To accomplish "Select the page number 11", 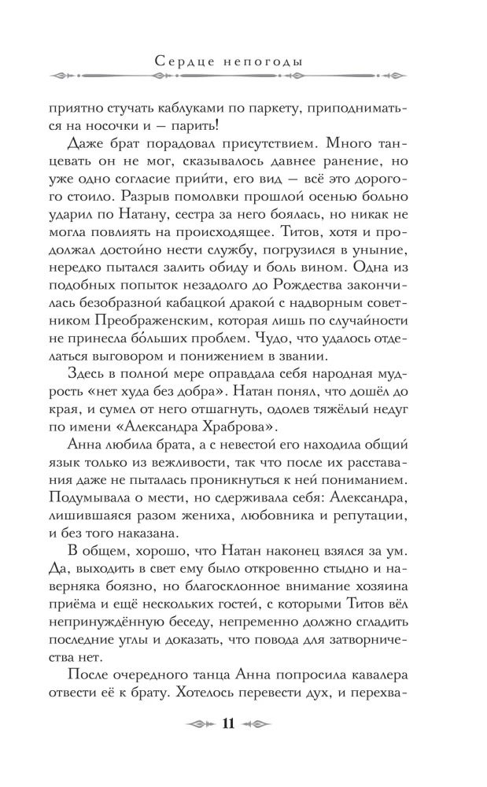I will pyautogui.click(x=229, y=724).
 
